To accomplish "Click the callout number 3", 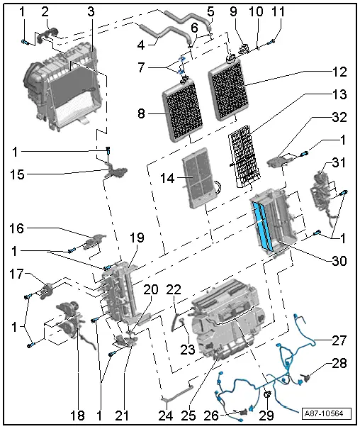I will pyautogui.click(x=91, y=13).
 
